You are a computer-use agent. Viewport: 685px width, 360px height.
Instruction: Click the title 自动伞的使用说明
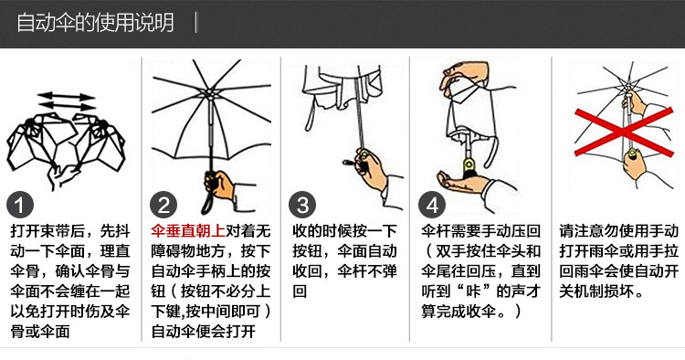(95, 23)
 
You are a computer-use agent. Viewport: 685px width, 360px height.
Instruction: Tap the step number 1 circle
(20, 206)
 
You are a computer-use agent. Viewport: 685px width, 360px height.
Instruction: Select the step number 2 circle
(163, 206)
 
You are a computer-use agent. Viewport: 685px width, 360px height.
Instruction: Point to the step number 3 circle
(302, 206)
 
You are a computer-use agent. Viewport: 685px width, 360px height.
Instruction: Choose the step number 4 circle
(432, 206)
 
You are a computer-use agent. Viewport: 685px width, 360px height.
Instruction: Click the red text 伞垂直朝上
(188, 230)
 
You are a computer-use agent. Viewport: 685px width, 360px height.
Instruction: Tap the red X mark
(624, 132)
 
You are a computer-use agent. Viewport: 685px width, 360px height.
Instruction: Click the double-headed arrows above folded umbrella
(67, 101)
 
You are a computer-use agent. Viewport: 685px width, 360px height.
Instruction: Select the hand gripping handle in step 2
(220, 185)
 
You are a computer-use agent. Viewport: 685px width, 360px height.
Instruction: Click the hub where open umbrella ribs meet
(210, 93)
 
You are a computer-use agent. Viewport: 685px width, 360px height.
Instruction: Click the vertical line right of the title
(195, 23)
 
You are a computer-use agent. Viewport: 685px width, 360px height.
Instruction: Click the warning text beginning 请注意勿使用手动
(618, 260)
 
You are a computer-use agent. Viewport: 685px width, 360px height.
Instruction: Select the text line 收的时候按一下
(344, 230)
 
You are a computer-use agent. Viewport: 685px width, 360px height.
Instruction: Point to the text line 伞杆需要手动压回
(481, 230)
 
